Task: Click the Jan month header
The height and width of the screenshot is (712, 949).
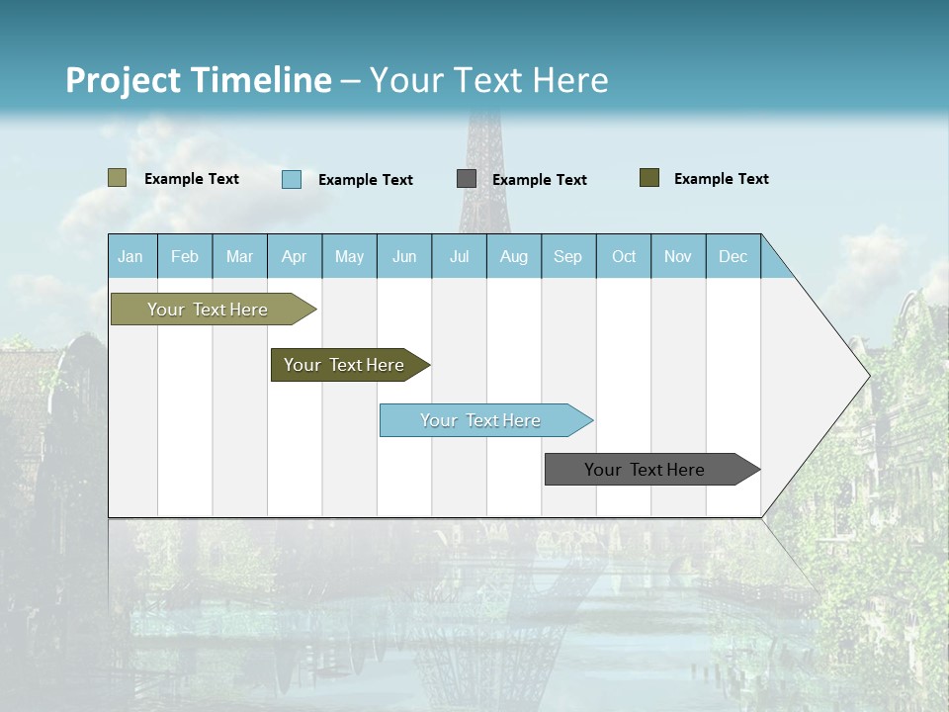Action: tap(130, 256)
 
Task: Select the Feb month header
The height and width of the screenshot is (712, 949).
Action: tap(185, 256)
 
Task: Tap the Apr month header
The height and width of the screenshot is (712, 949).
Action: tap(294, 256)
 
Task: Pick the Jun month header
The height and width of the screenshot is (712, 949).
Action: tap(404, 256)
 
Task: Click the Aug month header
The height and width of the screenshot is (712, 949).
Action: tap(513, 256)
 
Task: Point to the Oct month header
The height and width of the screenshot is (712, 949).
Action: tap(624, 256)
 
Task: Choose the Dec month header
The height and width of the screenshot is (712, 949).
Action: tap(733, 256)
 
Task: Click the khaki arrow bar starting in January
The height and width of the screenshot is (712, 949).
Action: tap(208, 310)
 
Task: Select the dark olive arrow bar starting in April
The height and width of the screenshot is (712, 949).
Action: tap(344, 365)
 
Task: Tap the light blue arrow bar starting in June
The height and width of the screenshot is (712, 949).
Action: tap(480, 420)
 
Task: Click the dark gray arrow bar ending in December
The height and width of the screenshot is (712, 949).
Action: tap(645, 470)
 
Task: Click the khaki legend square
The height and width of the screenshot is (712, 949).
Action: tap(117, 178)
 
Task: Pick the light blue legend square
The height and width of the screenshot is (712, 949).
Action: tap(292, 179)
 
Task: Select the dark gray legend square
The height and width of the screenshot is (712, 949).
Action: tap(467, 179)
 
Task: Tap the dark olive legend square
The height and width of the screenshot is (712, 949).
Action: tap(649, 178)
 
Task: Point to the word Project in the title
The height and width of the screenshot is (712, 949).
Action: tap(123, 80)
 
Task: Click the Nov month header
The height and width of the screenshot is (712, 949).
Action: tap(678, 256)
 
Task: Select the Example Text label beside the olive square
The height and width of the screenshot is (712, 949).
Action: tap(721, 179)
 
